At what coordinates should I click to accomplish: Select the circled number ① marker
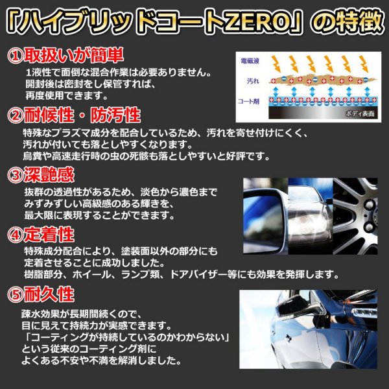click(x=14, y=54)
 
